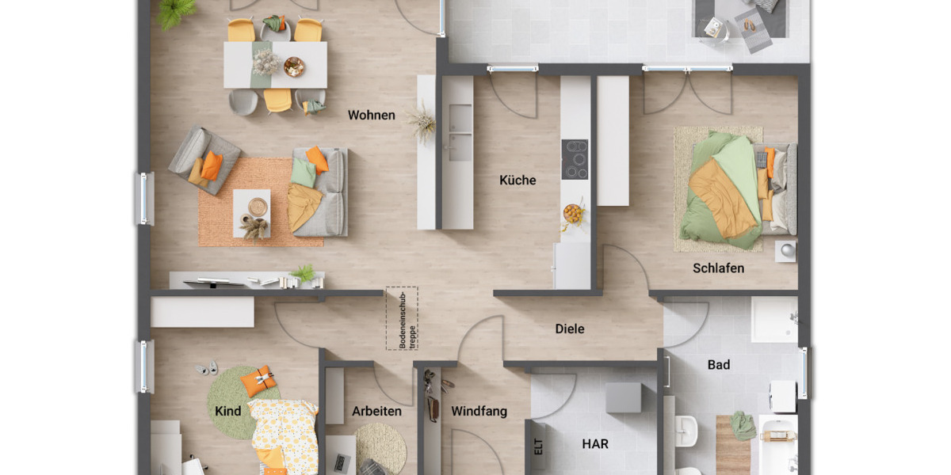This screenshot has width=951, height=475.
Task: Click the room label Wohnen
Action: coord(371,116)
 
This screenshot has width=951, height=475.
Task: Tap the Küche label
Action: coord(518,180)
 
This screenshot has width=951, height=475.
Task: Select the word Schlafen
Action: coord(718,268)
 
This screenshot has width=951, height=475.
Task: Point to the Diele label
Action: coord(569,329)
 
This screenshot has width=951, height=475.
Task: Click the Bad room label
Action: coord(719,365)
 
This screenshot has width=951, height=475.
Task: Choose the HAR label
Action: coord(595,445)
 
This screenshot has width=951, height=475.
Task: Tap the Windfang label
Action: coord(479,412)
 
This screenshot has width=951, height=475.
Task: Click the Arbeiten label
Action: coord(376,412)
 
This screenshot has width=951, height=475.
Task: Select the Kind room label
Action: coord(227,412)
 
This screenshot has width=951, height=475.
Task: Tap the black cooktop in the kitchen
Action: coord(575,159)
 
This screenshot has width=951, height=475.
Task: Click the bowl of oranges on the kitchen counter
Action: coord(572,213)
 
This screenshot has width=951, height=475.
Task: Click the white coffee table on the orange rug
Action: coord(251,213)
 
